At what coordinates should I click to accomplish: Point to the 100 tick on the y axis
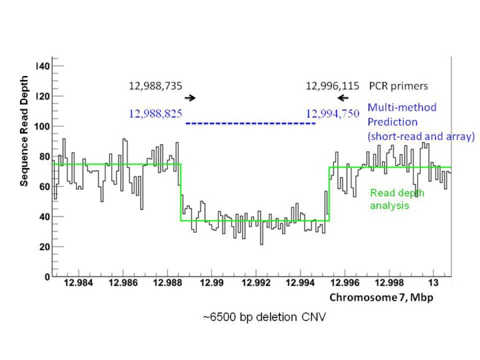42,126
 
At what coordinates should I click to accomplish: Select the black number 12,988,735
155,85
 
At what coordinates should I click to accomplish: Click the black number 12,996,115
333,85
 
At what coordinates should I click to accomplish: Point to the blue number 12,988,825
155,113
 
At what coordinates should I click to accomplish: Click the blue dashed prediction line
250,124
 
